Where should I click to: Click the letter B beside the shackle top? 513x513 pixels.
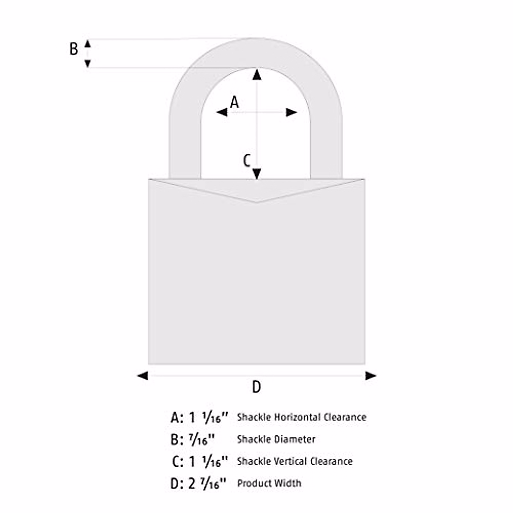pos(74,49)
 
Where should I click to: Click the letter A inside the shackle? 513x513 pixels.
pos(234,102)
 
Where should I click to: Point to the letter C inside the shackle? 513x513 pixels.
pos(247,161)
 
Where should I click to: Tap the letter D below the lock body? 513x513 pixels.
pos(256,387)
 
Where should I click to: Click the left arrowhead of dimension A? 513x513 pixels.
pos(222,112)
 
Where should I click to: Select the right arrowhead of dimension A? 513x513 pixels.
pos(292,112)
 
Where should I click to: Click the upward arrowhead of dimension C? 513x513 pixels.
pos(256,74)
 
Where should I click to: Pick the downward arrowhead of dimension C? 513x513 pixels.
pos(256,174)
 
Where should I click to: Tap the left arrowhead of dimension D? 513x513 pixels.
pos(142,376)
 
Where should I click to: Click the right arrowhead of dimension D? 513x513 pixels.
pos(371,376)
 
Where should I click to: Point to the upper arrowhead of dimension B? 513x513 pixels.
pos(88,43)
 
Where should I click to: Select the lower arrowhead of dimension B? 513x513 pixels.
pos(88,64)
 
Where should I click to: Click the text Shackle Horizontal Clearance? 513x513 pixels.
pos(301,417)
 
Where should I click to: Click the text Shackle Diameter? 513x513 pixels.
pos(276,439)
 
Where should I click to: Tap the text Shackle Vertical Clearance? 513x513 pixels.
pos(295,461)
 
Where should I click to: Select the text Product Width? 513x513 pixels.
pos(269,483)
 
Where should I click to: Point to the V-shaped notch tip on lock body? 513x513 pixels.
pos(256,202)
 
